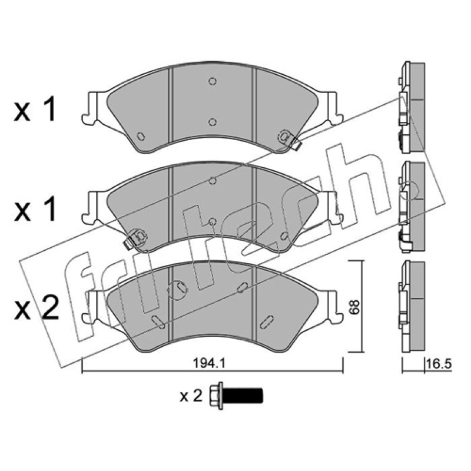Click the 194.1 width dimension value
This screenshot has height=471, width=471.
click(x=209, y=364)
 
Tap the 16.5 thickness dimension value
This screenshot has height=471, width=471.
click(x=439, y=364)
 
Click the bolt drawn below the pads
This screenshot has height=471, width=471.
click(x=237, y=396)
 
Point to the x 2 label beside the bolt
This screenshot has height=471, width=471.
click(x=191, y=396)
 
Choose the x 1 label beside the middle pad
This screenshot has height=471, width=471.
click(x=35, y=209)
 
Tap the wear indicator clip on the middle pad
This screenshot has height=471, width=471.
click(x=135, y=238)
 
